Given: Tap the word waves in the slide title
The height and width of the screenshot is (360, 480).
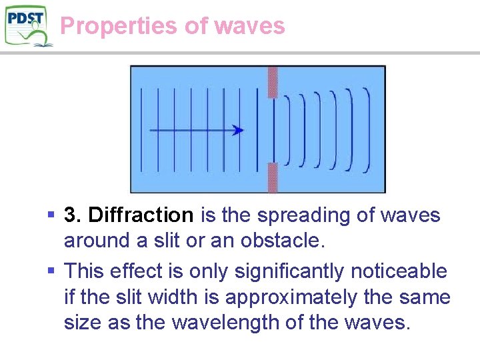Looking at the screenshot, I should tap(250, 26).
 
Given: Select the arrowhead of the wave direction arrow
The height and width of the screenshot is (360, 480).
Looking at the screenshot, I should tap(238, 131).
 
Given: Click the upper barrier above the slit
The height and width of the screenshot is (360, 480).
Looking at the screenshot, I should tap(272, 81).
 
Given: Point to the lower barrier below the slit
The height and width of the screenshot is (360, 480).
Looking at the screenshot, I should tap(272, 177).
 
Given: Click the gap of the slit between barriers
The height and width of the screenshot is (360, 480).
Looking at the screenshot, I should tap(272, 130).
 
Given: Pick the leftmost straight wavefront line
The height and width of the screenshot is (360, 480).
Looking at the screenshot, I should tap(141, 129).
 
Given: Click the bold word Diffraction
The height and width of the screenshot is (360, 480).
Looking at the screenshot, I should tap(141, 215).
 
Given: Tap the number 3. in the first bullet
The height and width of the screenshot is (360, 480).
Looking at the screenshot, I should tap(73, 215).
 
